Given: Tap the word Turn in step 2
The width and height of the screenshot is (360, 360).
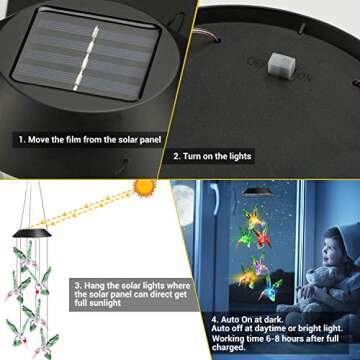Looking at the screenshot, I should point(195,156).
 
